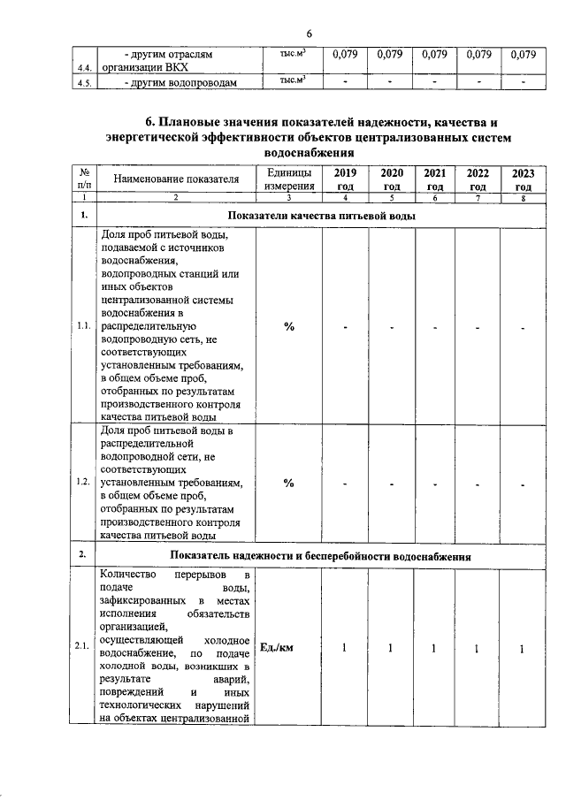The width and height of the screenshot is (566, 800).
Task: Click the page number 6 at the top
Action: tap(310, 34)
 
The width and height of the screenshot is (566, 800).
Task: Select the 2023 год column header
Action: tap(523, 179)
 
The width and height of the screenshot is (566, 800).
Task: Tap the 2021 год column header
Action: tap(434, 179)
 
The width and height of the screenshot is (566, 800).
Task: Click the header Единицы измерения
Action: tap(288, 179)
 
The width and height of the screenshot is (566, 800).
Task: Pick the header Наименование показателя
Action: tap(176, 179)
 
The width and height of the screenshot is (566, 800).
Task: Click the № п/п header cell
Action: tap(84, 179)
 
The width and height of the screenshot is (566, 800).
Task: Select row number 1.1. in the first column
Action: tap(84, 327)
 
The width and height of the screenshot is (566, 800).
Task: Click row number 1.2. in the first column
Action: tap(84, 482)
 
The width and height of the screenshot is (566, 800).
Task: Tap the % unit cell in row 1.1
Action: tap(288, 327)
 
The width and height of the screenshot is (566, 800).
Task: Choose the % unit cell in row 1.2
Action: tap(288, 482)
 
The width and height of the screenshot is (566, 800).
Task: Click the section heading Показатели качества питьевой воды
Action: tap(320, 216)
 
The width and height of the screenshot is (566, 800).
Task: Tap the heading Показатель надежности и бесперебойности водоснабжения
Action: tap(320, 556)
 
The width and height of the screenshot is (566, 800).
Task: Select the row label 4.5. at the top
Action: tap(84, 84)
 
